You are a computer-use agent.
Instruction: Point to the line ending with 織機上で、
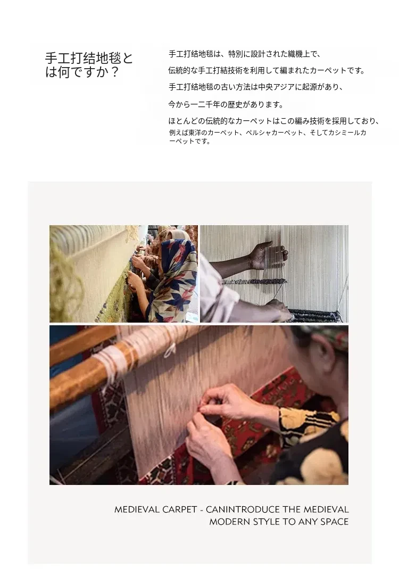(245, 54)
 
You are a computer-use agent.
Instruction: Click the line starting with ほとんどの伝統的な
(274, 121)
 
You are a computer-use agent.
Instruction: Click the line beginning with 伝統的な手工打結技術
(267, 70)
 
